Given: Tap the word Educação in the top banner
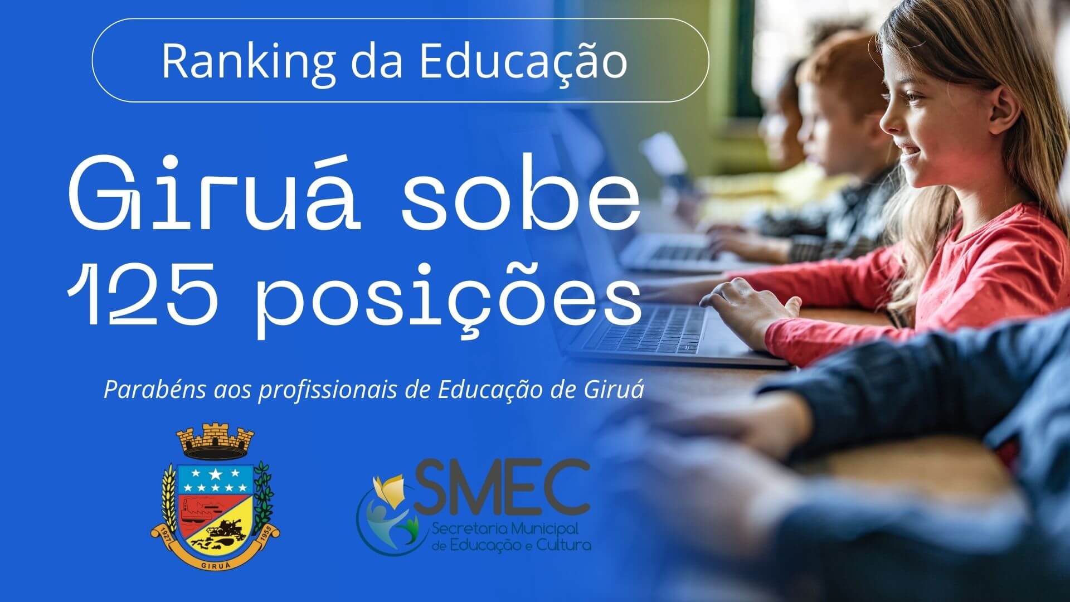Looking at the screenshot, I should tap(523, 61).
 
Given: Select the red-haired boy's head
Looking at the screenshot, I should tap(836, 100).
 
